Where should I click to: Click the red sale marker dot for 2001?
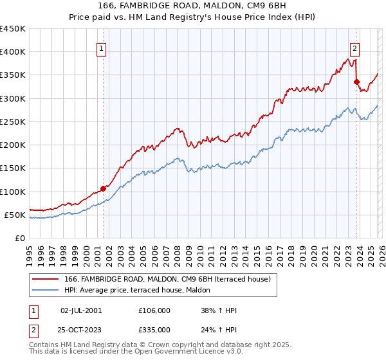click(103, 188)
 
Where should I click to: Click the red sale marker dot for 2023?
click(356, 82)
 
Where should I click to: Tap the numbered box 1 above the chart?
click(102, 47)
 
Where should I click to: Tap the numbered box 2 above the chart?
click(354, 47)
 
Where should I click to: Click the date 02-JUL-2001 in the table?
click(80, 310)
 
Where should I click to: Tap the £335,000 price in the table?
click(154, 329)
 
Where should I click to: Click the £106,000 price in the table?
click(154, 310)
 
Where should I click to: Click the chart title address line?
click(193, 7)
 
